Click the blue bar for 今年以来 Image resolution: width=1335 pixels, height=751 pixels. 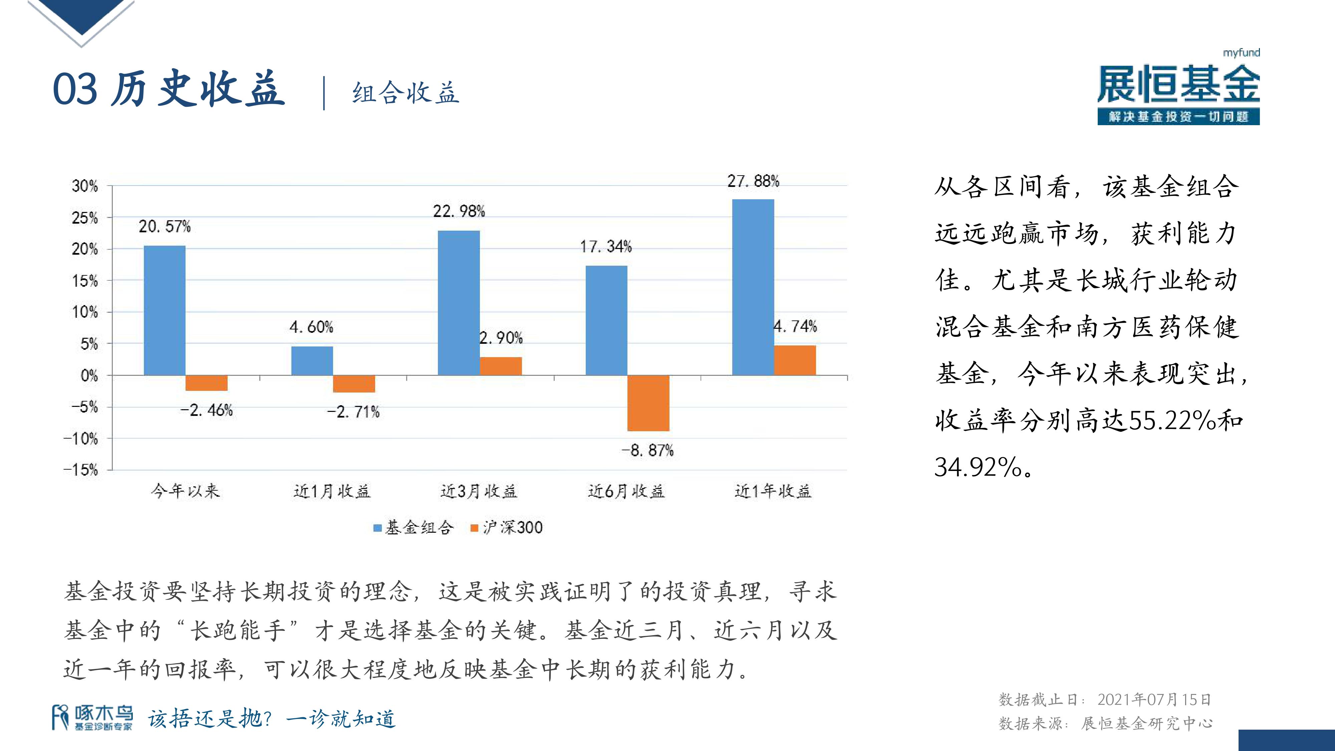click(x=164, y=310)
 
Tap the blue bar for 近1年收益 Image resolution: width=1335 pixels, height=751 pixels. click(x=753, y=287)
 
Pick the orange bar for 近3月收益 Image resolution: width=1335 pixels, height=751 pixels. click(x=501, y=366)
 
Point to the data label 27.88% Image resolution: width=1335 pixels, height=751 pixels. click(x=753, y=181)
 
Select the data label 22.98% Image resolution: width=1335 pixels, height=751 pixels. click(x=459, y=212)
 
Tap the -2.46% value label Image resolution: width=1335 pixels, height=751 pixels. click(x=206, y=411)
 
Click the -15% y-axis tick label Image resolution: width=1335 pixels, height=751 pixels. click(x=81, y=470)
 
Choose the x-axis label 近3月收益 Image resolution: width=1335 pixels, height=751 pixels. click(x=479, y=491)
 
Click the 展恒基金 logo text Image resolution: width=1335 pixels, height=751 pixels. click(x=1178, y=84)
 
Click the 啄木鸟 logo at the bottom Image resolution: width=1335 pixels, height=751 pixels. click(x=92, y=718)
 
